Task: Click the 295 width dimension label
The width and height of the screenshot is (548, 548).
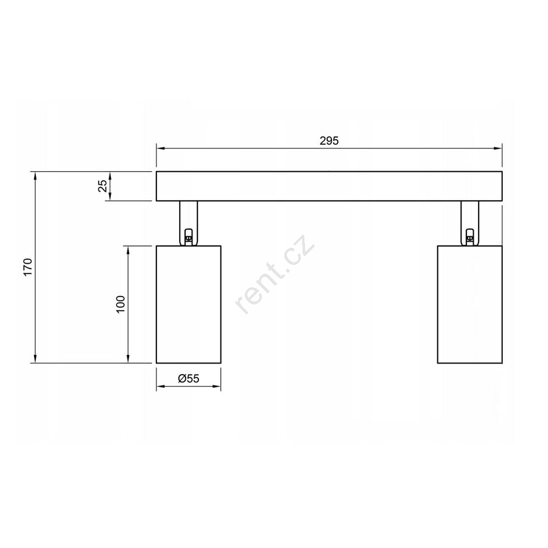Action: pyautogui.click(x=329, y=141)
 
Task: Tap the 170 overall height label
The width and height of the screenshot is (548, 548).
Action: pyautogui.click(x=28, y=267)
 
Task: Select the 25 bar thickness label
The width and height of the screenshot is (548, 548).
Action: pyautogui.click(x=103, y=186)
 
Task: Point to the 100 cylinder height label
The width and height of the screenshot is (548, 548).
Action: pyautogui.click(x=120, y=304)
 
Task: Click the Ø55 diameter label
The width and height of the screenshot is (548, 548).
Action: pyautogui.click(x=188, y=378)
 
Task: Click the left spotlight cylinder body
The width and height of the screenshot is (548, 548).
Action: pyautogui.click(x=188, y=304)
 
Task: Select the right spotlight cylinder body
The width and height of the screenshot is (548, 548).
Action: pyautogui.click(x=469, y=304)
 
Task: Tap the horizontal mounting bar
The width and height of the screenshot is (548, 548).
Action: pyautogui.click(x=329, y=186)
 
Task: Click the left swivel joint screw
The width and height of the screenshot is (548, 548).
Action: pyautogui.click(x=188, y=237)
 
